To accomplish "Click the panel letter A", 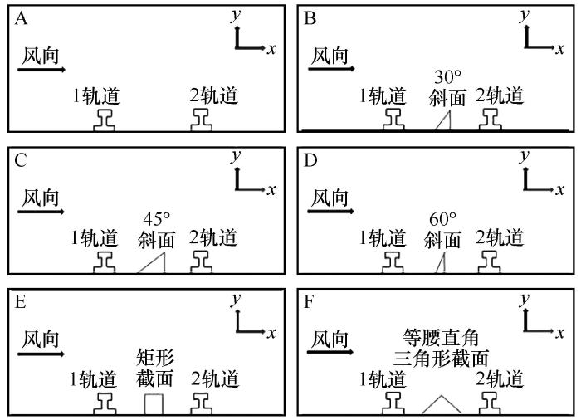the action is point(21,18).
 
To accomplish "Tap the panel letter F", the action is point(309,302).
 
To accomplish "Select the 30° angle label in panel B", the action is point(447,76).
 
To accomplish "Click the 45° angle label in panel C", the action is point(157,219).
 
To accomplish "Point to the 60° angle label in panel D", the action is point(442,219).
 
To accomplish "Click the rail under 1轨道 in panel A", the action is point(104,120).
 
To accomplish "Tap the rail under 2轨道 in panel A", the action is point(202,120).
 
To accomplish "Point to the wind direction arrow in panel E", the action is point(41,354).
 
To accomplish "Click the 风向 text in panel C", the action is point(41,198).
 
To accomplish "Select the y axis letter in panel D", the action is point(524,156).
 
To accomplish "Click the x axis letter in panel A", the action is point(271,49).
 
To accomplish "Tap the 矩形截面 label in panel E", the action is point(155,368).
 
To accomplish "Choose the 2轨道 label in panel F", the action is point(500,378).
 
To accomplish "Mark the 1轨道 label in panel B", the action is point(383,95).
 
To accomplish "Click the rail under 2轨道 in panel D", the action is point(490,262).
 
